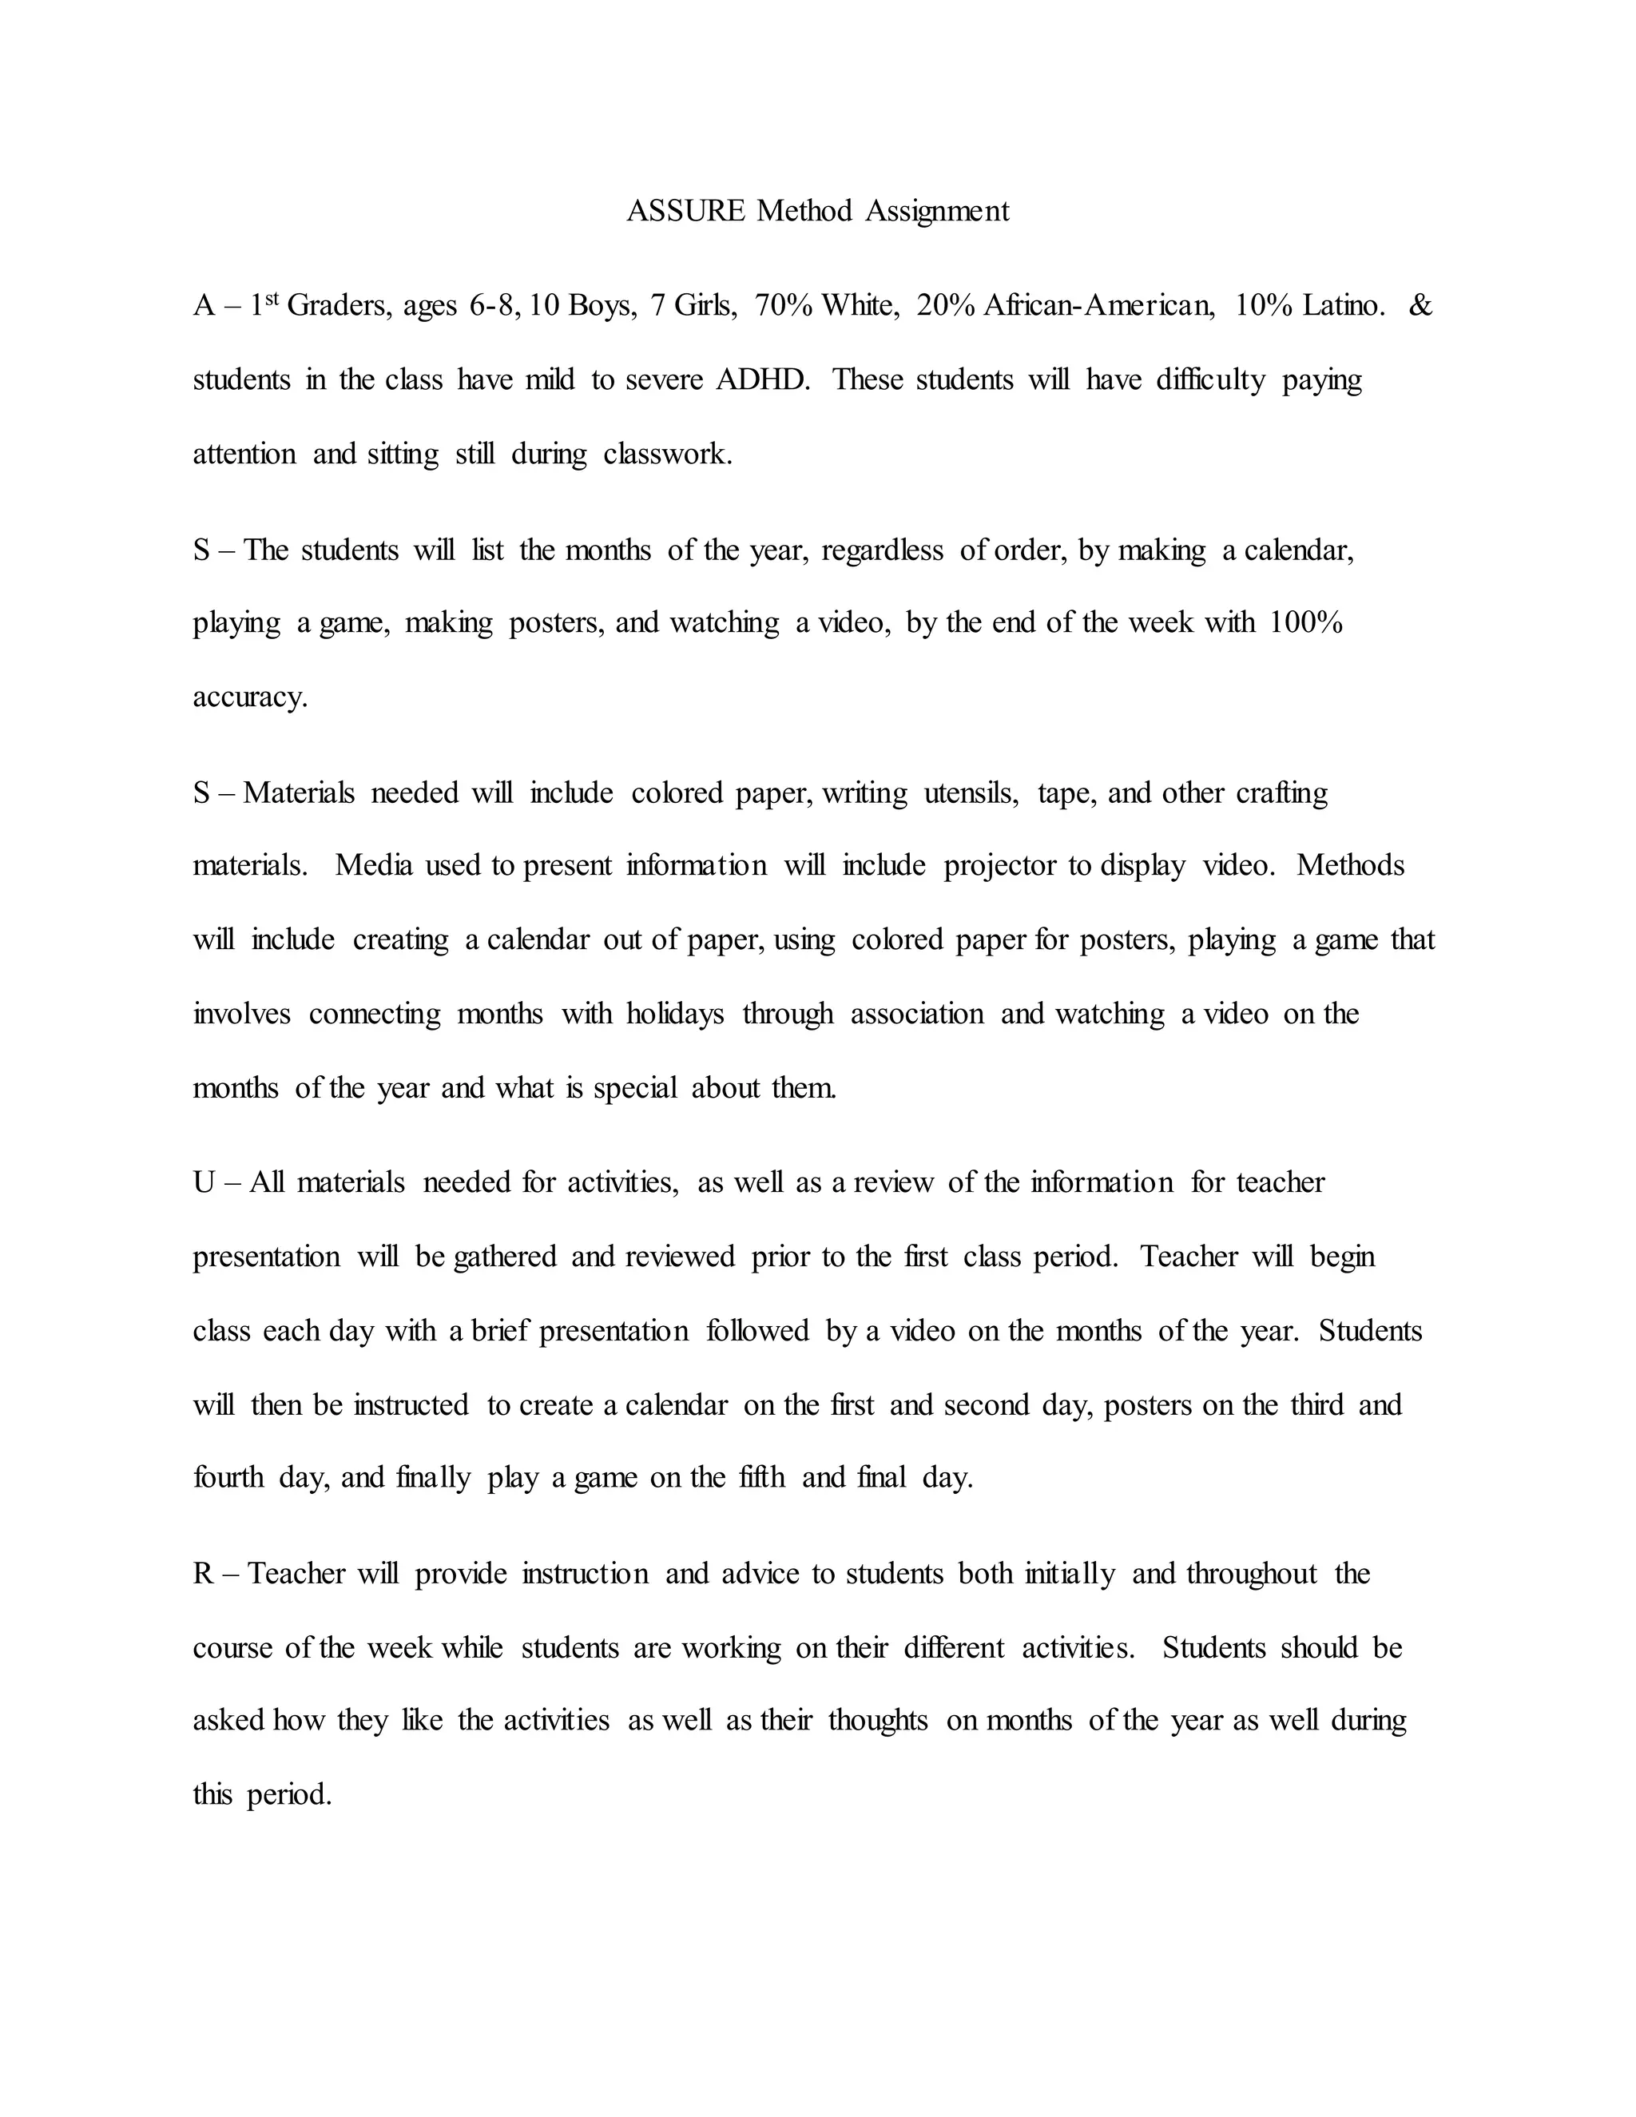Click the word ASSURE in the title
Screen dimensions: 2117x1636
tap(685, 210)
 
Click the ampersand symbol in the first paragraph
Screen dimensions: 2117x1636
tap(1420, 305)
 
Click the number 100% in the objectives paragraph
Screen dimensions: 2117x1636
tap(1305, 622)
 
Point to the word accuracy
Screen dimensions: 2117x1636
tap(249, 697)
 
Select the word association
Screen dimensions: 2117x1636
tap(917, 1014)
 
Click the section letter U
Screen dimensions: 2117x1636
tap(204, 1182)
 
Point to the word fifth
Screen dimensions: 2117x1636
tap(762, 1477)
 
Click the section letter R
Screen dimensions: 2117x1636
tap(204, 1573)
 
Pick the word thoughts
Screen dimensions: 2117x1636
tap(878, 1721)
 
